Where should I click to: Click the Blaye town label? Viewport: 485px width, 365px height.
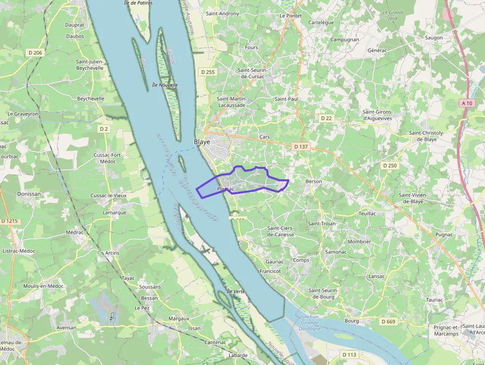[201, 142]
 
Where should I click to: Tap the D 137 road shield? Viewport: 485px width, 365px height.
[301, 147]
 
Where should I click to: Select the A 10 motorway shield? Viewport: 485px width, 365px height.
[467, 104]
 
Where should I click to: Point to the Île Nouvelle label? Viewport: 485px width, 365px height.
[165, 85]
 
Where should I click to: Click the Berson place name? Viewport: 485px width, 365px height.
[314, 181]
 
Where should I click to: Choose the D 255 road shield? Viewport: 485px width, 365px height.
[208, 72]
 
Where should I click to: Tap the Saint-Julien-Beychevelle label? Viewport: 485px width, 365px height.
[90, 65]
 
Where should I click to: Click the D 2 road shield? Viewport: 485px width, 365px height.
[103, 129]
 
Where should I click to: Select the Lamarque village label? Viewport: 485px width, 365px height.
[114, 212]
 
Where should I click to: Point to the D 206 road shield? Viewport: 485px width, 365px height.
[35, 52]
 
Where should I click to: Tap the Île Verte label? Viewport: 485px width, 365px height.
[236, 291]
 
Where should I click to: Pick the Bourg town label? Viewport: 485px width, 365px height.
[351, 321]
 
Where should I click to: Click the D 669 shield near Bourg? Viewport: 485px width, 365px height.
[388, 321]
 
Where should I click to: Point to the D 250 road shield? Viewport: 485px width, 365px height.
[389, 165]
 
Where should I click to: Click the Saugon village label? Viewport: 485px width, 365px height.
[434, 38]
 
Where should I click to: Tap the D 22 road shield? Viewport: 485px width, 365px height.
[326, 118]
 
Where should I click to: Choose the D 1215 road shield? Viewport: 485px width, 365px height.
[9, 221]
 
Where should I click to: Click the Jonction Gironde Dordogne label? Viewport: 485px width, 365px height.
[309, 322]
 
